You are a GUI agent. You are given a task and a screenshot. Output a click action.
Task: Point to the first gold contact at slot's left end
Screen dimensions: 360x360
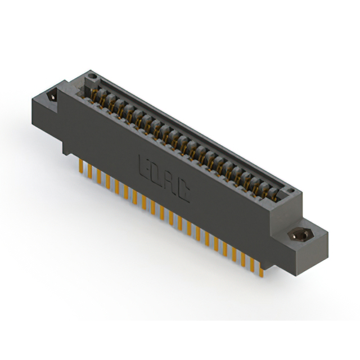(x=96, y=90)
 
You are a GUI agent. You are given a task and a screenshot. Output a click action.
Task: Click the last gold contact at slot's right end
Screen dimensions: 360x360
(x=274, y=193)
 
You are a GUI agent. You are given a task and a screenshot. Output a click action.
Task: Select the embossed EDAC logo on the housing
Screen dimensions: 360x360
(x=164, y=179)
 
